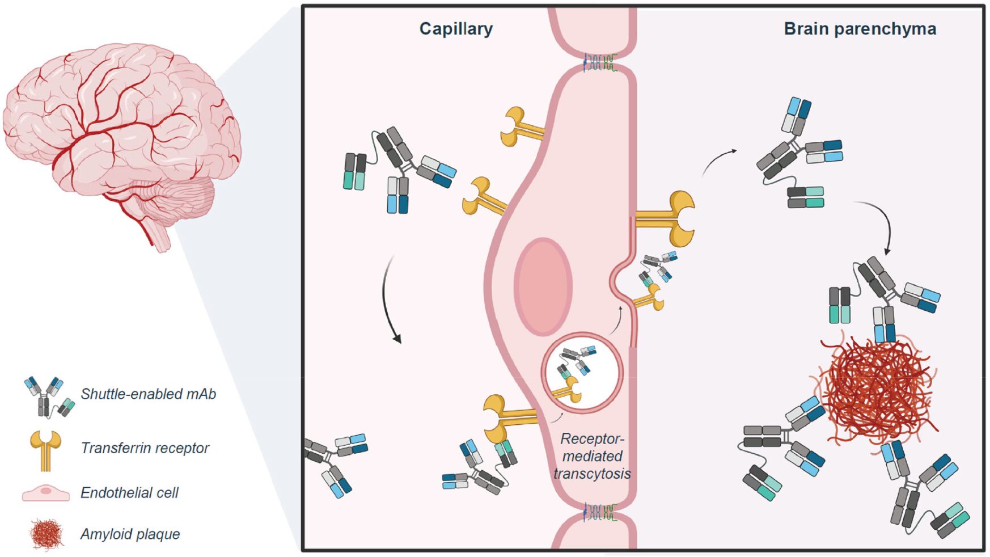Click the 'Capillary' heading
point(456,29)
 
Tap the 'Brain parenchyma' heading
point(860,29)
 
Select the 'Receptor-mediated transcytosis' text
point(592,456)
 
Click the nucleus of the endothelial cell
point(543,286)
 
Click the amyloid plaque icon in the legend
point(46,534)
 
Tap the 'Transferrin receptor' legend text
point(145,448)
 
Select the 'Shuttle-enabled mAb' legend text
point(148,394)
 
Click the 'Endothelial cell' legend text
point(129,492)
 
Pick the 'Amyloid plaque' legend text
point(130,534)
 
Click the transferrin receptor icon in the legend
point(46,450)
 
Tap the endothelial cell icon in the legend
point(46,493)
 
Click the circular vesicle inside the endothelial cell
point(582,373)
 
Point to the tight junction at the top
point(598,62)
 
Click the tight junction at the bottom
point(598,512)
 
